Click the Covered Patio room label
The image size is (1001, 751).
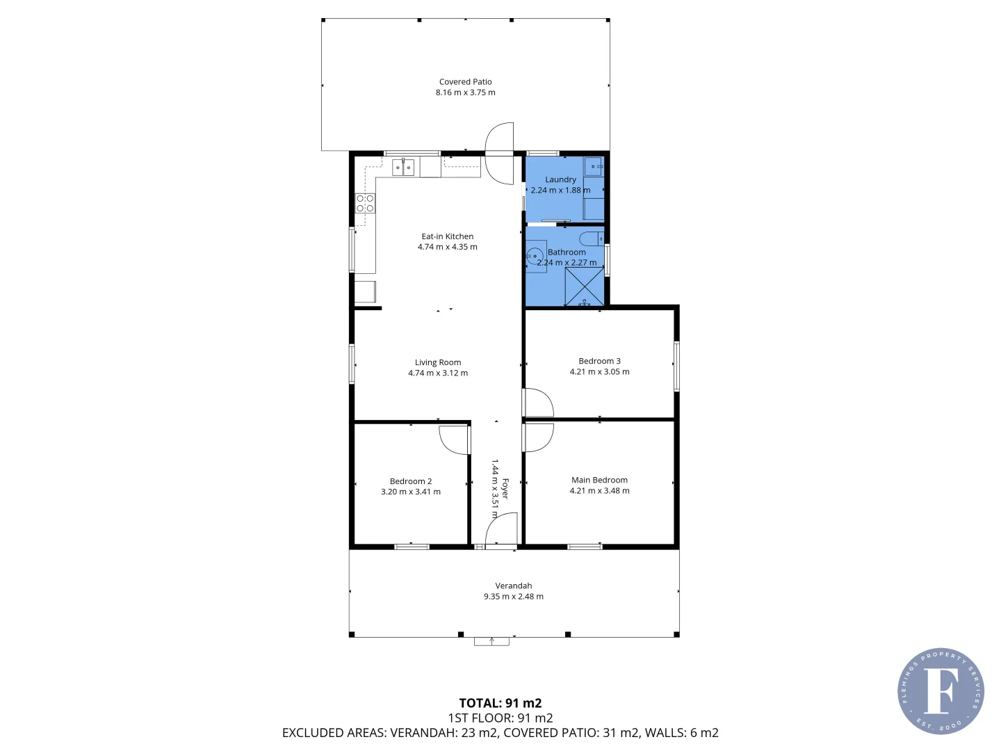click(x=465, y=82)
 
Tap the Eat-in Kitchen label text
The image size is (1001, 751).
click(x=447, y=236)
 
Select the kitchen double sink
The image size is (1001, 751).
click(x=403, y=167)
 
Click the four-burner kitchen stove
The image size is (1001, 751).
click(x=366, y=203)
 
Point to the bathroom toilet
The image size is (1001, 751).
click(x=592, y=239)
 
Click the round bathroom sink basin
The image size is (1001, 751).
click(x=535, y=255)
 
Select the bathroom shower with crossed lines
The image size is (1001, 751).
click(x=584, y=286)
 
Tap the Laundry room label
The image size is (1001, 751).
click(x=560, y=179)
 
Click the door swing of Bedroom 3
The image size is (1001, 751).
click(x=539, y=403)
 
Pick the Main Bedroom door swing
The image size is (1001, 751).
click(x=539, y=437)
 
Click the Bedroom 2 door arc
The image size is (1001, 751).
click(x=455, y=439)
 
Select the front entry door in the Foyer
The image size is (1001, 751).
click(x=501, y=530)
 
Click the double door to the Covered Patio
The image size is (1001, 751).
click(x=499, y=153)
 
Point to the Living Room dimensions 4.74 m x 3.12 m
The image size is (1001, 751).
click(x=438, y=373)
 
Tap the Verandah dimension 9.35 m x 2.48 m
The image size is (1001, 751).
click(x=514, y=597)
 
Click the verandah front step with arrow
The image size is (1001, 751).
click(x=491, y=641)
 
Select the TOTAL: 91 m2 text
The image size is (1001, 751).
click(x=500, y=703)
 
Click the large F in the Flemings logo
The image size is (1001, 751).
click(x=941, y=691)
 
